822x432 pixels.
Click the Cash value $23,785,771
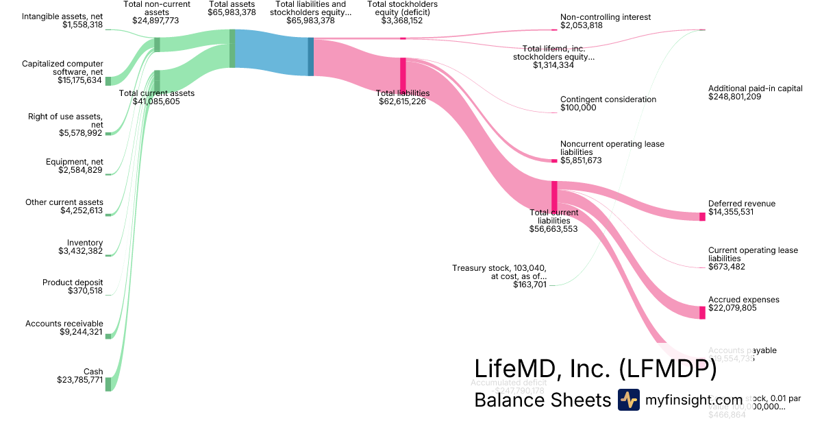click(79, 379)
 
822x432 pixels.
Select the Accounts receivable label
click(64, 324)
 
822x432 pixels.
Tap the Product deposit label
click(73, 283)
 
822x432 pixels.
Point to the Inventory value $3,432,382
click(81, 252)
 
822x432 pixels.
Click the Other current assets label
click(64, 202)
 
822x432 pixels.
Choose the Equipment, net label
click(74, 162)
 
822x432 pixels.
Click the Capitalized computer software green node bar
click(108, 81)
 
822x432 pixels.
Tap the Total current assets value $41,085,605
click(156, 101)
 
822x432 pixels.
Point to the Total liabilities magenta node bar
click(403, 73)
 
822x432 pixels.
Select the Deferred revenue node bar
click(702, 217)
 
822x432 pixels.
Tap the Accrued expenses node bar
click(702, 313)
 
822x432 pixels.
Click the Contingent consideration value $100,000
click(578, 108)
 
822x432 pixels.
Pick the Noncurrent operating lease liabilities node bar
click(554, 160)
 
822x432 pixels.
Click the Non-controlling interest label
click(605, 17)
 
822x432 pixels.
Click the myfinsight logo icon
click(629, 400)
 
